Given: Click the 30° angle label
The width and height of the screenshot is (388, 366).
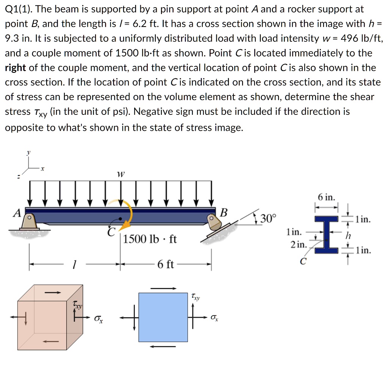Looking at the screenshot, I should pyautogui.click(x=269, y=219).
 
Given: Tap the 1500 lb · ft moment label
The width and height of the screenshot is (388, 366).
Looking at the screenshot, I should pyautogui.click(x=150, y=239).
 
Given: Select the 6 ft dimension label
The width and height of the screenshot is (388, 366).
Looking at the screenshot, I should pyautogui.click(x=165, y=264).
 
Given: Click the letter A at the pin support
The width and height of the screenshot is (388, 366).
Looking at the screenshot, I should pyautogui.click(x=17, y=213).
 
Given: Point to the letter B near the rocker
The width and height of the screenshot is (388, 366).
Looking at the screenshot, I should pyautogui.click(x=224, y=213).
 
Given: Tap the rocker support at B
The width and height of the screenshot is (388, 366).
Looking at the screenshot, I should pyautogui.click(x=213, y=223).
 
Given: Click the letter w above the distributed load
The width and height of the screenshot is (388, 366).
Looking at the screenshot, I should pyautogui.click(x=120, y=174).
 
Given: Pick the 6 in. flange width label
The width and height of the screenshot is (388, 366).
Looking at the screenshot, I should pyautogui.click(x=326, y=197).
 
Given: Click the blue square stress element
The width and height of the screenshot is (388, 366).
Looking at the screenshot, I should pyautogui.click(x=163, y=317).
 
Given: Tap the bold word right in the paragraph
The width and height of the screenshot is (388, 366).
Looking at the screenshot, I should pyautogui.click(x=15, y=68).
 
